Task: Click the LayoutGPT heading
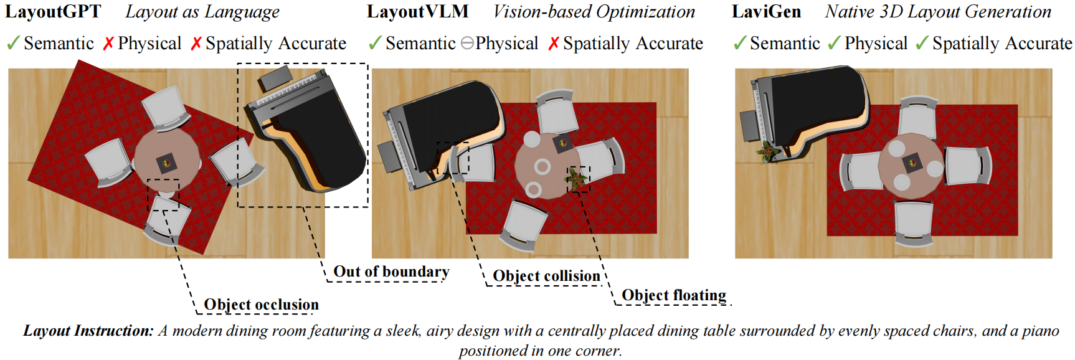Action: pos(53,12)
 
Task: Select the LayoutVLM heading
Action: pos(417,12)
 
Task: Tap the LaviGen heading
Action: pos(766,12)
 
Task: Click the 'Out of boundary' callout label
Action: pos(391,272)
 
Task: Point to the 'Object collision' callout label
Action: pos(546,276)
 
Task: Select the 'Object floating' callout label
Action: pos(674,295)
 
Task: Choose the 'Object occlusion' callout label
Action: pos(261,305)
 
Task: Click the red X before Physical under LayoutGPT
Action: pos(108,44)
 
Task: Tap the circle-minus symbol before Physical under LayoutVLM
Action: pos(467,44)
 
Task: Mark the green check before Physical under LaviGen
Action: pos(834,44)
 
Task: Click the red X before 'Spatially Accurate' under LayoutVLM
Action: pos(554,44)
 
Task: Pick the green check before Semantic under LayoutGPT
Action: pos(12,44)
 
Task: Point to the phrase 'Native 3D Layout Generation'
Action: pos(938,12)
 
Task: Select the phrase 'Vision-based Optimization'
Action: pos(594,12)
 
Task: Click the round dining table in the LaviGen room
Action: pos(912,166)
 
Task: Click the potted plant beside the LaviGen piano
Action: pos(767,152)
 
